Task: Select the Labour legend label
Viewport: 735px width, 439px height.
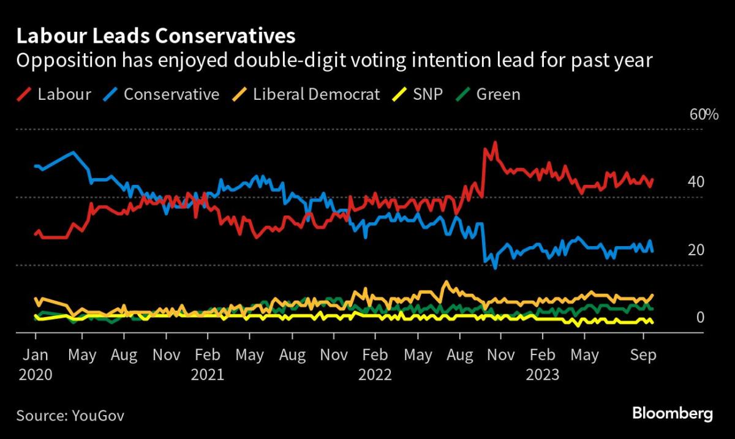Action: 64,94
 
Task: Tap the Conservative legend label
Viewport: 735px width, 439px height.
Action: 171,94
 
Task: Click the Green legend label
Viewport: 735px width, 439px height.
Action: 498,94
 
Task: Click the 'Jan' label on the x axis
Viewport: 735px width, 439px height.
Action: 36,356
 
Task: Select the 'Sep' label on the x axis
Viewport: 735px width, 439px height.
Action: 643,356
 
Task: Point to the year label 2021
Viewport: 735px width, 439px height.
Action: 208,374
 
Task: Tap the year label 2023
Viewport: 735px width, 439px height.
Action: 542,374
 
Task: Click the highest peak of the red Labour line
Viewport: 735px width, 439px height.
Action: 494,143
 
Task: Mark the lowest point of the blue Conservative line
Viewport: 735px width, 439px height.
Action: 494,268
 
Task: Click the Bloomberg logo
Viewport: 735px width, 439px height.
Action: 672,415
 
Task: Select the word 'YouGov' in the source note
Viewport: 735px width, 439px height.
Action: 97,416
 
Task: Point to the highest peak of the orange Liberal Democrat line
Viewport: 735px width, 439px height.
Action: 446,282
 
